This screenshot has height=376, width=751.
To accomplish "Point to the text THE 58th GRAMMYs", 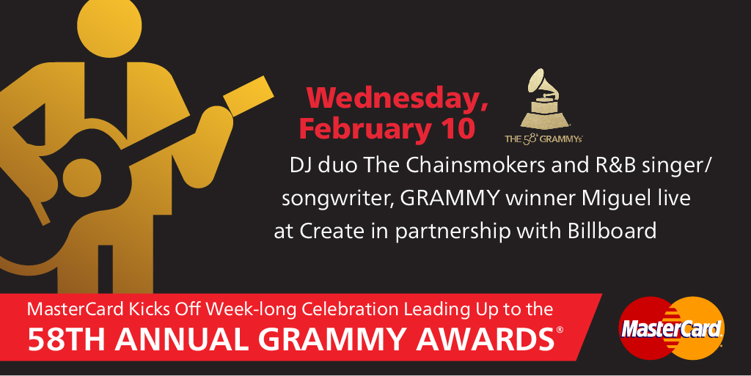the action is (x=543, y=139).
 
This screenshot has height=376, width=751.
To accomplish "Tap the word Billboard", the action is (x=612, y=231).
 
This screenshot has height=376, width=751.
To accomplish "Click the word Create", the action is (x=332, y=232).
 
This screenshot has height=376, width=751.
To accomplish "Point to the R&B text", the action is (x=615, y=165).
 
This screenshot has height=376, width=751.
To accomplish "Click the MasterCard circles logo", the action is (x=672, y=328).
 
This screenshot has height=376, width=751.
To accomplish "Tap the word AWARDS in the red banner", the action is (x=486, y=339).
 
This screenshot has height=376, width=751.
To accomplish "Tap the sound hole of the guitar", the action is (x=82, y=177).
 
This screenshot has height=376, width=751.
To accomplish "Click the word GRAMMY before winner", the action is (x=450, y=199).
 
